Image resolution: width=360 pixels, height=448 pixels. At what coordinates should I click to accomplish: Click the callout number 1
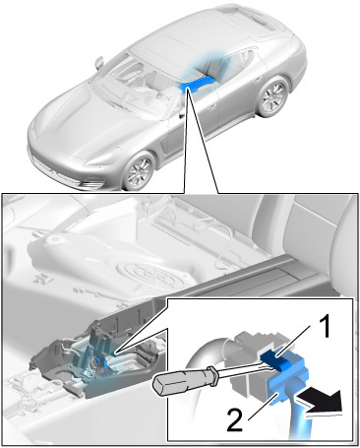click(325, 326)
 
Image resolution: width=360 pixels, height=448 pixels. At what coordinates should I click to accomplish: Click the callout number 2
click(235, 418)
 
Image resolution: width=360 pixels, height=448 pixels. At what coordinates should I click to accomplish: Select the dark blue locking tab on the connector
click(274, 360)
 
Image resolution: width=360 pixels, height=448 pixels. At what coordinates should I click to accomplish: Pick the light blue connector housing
click(288, 381)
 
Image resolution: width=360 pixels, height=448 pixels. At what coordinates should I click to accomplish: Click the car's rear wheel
click(273, 96)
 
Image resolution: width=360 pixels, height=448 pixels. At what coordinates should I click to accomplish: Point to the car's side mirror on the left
click(99, 62)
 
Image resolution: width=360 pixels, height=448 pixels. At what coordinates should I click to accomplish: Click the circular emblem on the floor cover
click(153, 274)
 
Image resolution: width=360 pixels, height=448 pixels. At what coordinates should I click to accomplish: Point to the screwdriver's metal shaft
click(244, 371)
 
